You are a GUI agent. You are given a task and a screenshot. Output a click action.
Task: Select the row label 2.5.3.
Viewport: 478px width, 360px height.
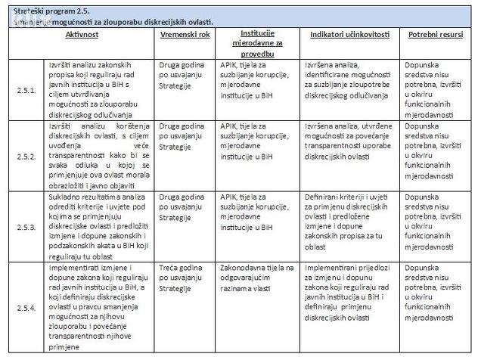[x=26, y=227]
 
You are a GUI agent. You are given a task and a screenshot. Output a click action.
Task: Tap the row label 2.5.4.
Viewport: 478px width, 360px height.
[x=26, y=307]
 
